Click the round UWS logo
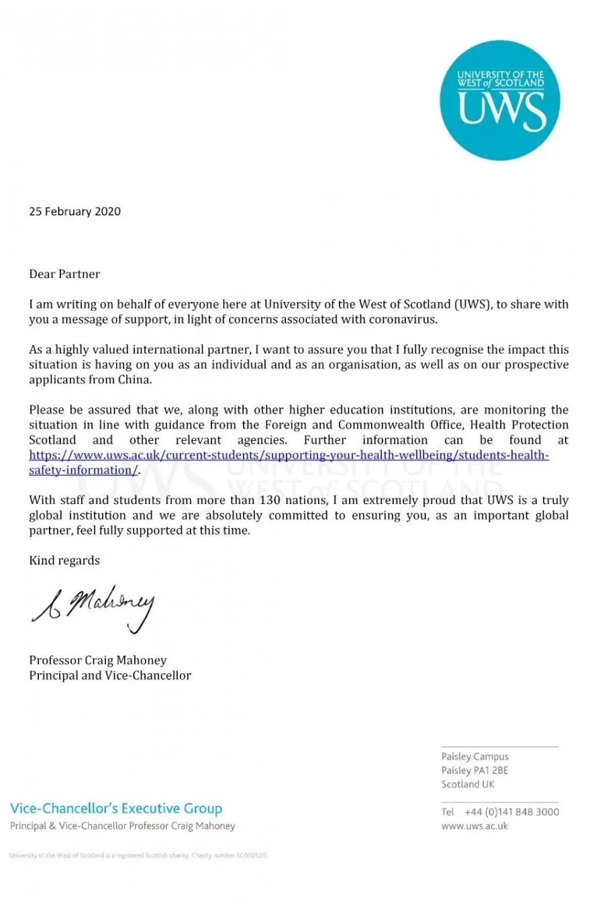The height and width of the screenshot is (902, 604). (499, 101)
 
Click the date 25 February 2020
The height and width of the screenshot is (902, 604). (74, 211)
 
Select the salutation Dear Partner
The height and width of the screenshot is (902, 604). (64, 274)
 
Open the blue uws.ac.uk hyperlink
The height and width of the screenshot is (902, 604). (289, 456)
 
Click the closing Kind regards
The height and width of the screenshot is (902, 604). (64, 560)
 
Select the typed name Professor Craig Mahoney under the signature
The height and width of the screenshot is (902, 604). (98, 660)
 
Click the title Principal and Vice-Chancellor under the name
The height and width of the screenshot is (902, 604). (110, 675)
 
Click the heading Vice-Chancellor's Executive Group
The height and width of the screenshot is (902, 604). (116, 809)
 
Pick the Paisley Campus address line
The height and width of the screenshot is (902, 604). (475, 756)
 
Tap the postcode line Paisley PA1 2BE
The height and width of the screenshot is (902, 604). (475, 770)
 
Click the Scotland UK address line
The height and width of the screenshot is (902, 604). (468, 784)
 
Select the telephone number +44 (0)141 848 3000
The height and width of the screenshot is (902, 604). (511, 812)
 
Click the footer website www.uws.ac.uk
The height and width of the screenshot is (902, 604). (474, 826)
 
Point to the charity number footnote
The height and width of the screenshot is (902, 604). (138, 856)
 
